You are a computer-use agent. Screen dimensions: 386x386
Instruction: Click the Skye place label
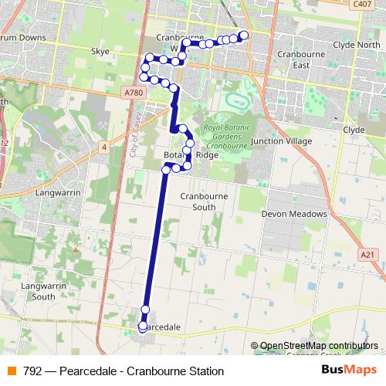click(x=101, y=52)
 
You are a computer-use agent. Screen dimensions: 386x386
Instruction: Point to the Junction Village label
click(x=287, y=141)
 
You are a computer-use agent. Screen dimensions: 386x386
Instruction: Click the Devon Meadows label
click(x=295, y=214)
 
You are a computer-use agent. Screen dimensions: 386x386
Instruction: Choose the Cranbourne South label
click(x=198, y=202)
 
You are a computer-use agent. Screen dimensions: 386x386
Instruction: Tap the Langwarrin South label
click(x=39, y=291)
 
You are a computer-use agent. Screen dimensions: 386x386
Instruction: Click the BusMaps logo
click(x=348, y=371)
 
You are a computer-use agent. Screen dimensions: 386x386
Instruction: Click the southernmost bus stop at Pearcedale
click(x=143, y=327)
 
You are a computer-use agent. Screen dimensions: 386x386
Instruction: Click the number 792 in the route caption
click(x=32, y=371)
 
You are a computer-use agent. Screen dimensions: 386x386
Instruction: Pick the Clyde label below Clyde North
click(x=353, y=130)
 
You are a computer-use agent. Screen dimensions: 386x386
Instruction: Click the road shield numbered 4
click(x=103, y=146)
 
